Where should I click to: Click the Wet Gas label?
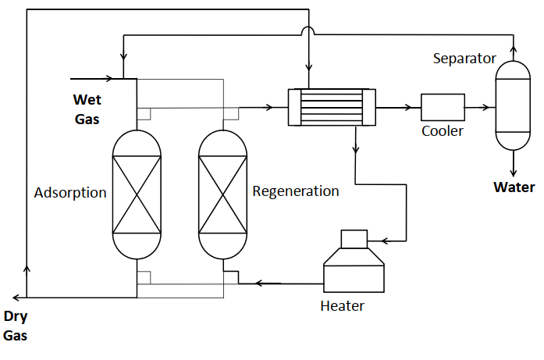pyautogui.click(x=87, y=109)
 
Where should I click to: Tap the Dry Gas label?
pyautogui.click(x=16, y=326)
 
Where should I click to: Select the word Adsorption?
pyautogui.click(x=70, y=193)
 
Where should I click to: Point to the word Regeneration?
pyautogui.click(x=296, y=191)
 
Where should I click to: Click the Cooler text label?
pyautogui.click(x=443, y=131)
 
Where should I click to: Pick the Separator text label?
pyautogui.click(x=464, y=59)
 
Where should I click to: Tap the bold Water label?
pyautogui.click(x=514, y=187)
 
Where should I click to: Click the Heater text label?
pyautogui.click(x=342, y=306)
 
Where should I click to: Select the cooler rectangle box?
pyautogui.click(x=443, y=107)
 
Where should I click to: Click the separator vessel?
pyautogui.click(x=513, y=105)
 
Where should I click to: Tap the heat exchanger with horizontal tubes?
pyautogui.click(x=332, y=107)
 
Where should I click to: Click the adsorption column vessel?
pyautogui.click(x=137, y=194)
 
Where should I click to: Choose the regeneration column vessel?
pyautogui.click(x=222, y=194)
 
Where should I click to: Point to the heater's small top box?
pyautogui.click(x=354, y=239)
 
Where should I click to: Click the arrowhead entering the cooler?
pyautogui.click(x=407, y=108)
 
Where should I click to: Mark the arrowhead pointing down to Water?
pyautogui.click(x=514, y=172)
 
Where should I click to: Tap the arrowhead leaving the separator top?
pyautogui.click(x=514, y=49)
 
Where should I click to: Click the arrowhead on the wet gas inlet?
pyautogui.click(x=109, y=79)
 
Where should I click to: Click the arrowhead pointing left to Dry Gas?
pyautogui.click(x=16, y=298)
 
